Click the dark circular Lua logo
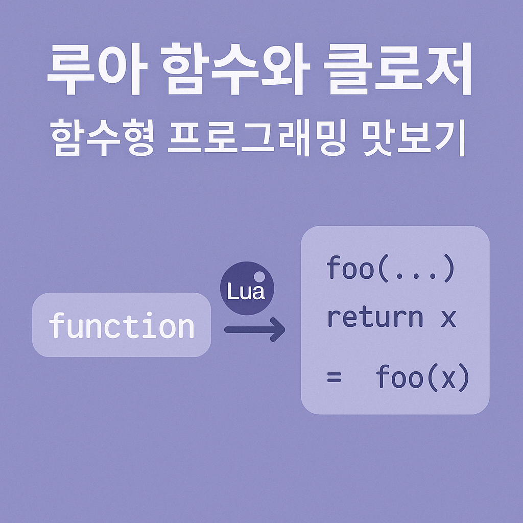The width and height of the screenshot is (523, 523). (247, 288)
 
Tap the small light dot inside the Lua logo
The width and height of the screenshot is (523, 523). (259, 277)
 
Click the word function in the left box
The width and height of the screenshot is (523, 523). (122, 325)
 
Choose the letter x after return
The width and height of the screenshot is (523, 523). (448, 318)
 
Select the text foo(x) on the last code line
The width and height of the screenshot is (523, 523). (422, 378)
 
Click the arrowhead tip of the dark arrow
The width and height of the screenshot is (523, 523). (282, 329)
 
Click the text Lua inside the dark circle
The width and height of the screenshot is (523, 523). (246, 292)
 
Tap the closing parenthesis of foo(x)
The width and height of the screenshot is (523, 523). (463, 378)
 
